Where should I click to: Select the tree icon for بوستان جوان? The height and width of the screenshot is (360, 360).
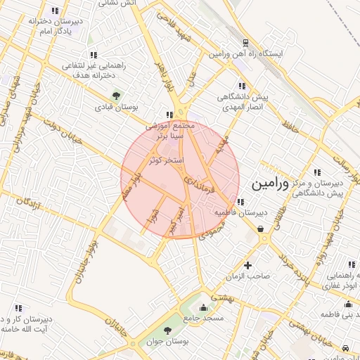click(x=167, y=331)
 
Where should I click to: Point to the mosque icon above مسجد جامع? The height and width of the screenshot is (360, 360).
click(x=204, y=307)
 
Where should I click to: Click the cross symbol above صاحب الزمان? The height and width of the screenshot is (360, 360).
click(x=247, y=265)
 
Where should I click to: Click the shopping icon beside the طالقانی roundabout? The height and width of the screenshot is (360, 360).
click(x=261, y=229)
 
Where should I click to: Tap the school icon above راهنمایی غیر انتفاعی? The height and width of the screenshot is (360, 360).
click(x=93, y=55)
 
